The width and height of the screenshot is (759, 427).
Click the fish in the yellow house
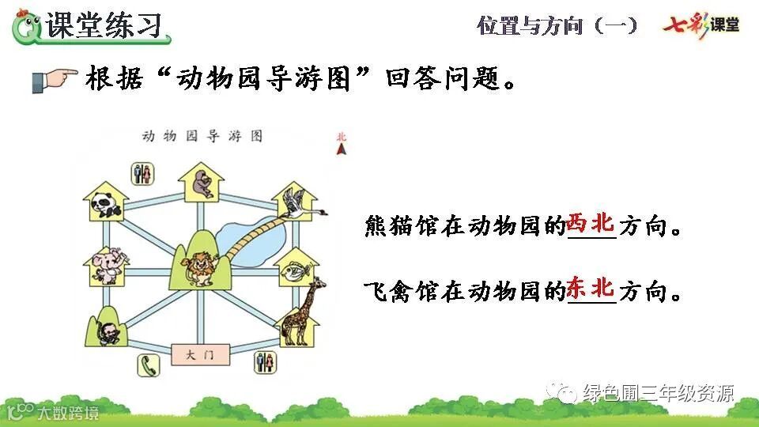tap(295, 265)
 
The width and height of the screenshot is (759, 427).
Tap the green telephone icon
tap(150, 365)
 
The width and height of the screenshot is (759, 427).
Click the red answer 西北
tap(591, 224)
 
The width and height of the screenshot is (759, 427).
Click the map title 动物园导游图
tap(202, 136)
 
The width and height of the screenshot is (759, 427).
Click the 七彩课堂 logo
tap(701, 25)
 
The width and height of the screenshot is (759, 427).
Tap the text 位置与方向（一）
tap(557, 25)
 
